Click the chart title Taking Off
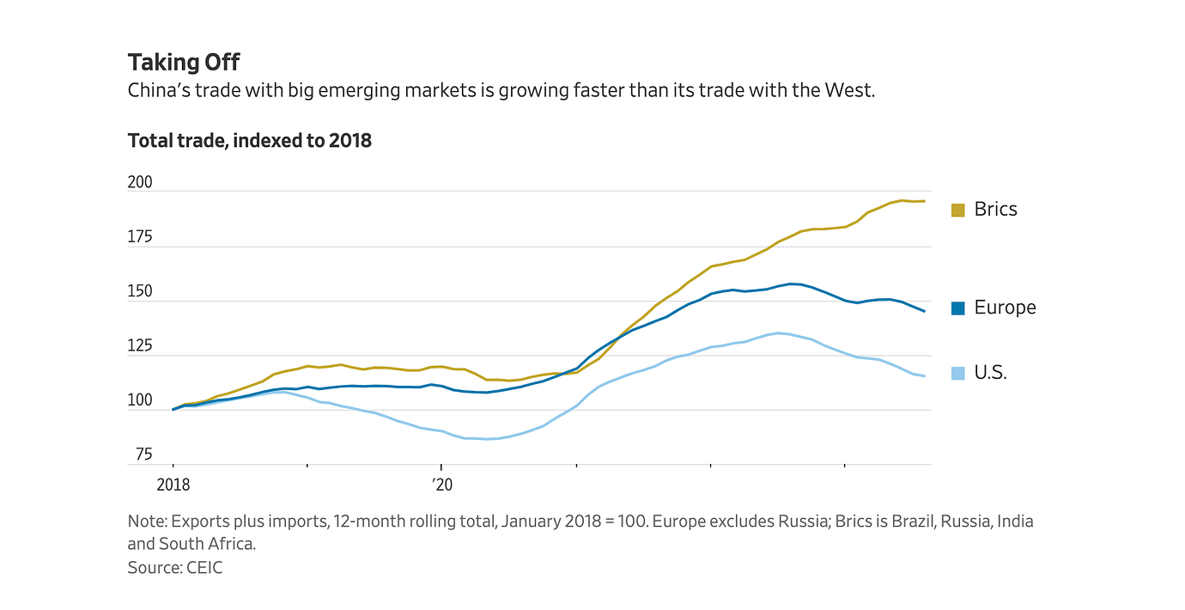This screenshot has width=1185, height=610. click(184, 63)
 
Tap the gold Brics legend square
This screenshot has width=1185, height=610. click(958, 210)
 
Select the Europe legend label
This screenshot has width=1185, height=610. click(1005, 308)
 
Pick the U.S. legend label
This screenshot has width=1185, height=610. click(990, 373)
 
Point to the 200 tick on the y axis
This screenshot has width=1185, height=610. click(141, 183)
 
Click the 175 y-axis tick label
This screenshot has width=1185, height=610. click(141, 237)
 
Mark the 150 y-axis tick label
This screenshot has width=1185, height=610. click(141, 292)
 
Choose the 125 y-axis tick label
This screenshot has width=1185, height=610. click(141, 346)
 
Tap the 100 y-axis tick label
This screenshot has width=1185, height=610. click(141, 400)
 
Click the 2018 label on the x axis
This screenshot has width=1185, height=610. click(173, 485)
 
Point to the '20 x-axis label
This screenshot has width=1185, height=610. click(441, 485)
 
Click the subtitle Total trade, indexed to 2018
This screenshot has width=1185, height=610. click(249, 140)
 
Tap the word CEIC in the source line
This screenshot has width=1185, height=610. click(204, 568)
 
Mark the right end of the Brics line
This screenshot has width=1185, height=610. click(924, 201)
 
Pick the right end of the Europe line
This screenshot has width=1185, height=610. click(924, 311)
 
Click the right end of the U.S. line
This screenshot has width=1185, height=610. click(924, 376)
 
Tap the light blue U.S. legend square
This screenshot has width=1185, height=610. click(958, 373)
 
